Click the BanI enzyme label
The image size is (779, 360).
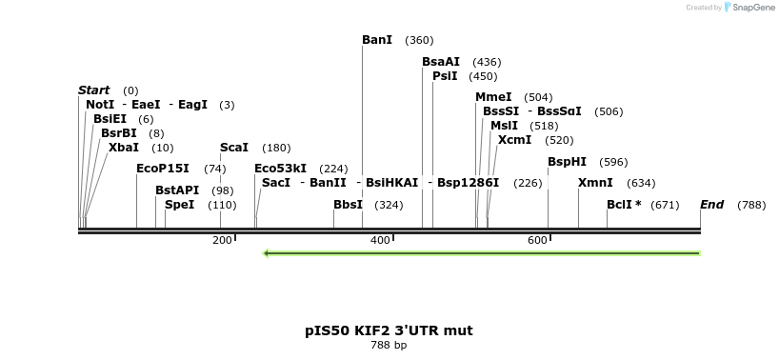(377, 40)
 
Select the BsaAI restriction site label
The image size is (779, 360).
(441, 62)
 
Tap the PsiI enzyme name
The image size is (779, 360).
(445, 76)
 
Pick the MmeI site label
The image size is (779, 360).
(493, 97)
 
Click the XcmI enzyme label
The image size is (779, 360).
(514, 140)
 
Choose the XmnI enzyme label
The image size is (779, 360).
(595, 183)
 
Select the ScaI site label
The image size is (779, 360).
(234, 148)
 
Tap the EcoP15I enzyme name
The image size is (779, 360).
(163, 169)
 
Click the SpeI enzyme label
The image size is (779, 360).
(180, 205)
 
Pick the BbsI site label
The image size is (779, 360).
(348, 205)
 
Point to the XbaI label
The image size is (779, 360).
(124, 148)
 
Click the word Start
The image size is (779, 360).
(94, 90)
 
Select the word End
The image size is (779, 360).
(711, 205)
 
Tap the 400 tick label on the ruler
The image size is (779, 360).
(380, 241)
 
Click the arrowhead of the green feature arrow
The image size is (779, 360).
(268, 253)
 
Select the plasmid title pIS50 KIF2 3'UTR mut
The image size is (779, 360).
(389, 330)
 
